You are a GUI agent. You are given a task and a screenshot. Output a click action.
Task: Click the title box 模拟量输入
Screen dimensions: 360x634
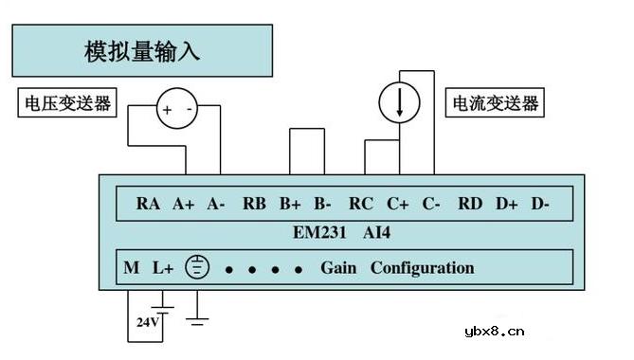pos(143,51)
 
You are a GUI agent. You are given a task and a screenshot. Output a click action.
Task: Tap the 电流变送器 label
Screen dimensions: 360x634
pos(495,102)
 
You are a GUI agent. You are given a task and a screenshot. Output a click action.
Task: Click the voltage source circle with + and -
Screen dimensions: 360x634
pos(177,109)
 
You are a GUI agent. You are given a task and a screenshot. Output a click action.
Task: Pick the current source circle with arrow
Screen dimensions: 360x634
pos(400,104)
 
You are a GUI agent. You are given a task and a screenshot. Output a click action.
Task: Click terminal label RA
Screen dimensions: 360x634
pos(148,203)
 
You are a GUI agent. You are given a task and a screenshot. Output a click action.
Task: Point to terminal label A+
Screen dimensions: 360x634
pos(184,203)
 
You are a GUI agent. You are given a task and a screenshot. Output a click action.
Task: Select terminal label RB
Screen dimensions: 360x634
pos(254,203)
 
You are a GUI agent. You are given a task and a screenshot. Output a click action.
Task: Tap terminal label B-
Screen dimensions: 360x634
pos(322,203)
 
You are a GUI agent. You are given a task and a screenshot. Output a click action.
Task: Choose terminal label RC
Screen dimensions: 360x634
pos(361,203)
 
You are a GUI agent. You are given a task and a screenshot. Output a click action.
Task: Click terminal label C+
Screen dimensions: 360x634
pos(398,203)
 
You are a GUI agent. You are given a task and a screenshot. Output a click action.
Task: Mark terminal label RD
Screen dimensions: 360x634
pos(470,203)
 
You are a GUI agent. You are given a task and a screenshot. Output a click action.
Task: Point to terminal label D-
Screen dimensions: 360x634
pos(540,203)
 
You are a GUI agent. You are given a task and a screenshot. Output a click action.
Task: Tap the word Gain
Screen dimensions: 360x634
pos(339,268)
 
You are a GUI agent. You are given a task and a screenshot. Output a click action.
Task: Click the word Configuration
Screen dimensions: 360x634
pos(422,268)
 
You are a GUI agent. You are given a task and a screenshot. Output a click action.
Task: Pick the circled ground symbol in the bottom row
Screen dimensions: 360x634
pos(197,268)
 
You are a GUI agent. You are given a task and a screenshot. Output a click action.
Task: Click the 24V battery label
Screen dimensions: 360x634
pos(147,322)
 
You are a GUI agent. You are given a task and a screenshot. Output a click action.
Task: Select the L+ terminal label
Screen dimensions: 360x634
pos(163,268)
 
